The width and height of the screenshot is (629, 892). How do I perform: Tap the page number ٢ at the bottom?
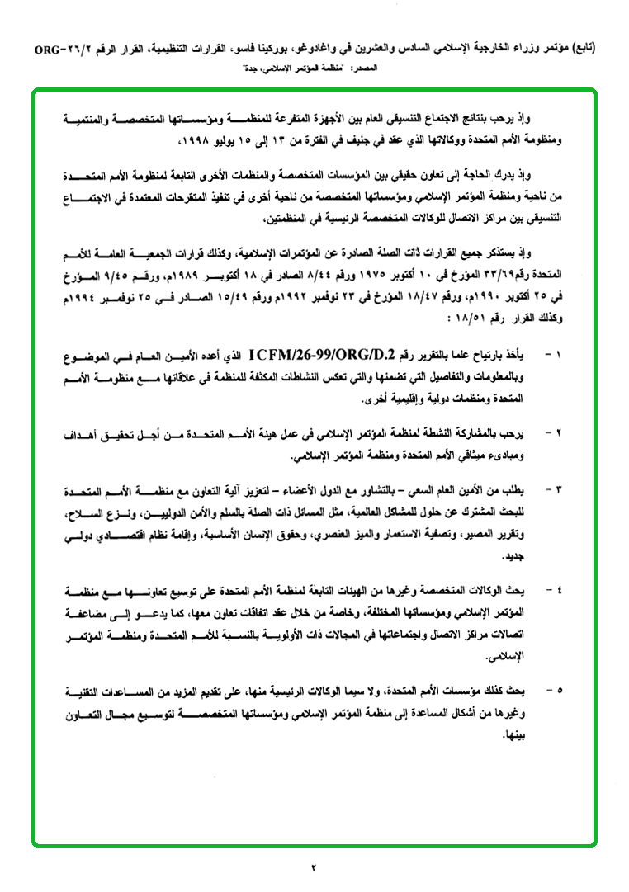(x=314, y=866)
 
